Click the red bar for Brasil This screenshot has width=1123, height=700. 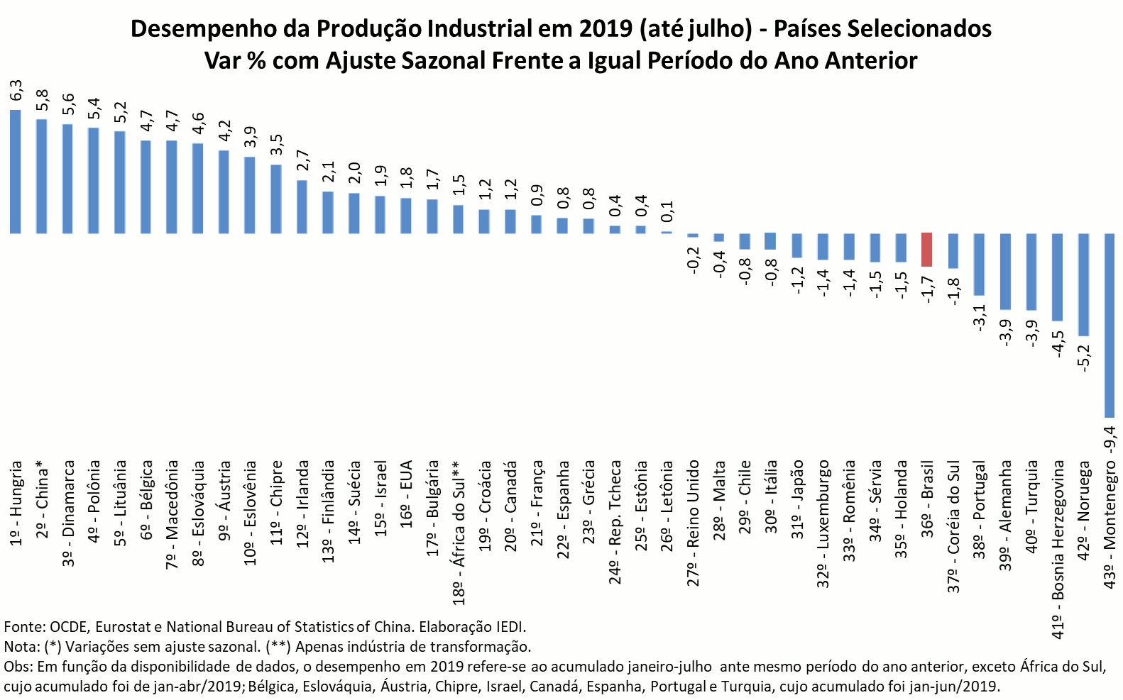926,250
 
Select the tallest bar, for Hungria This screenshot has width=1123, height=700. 16,172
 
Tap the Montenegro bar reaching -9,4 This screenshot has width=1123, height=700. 1109,325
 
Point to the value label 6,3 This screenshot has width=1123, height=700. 16,91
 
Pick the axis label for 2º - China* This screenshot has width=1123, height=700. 43,499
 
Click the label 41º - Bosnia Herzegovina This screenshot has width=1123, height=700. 1058,550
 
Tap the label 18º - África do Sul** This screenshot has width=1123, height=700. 459,532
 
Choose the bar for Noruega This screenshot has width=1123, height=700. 1083,284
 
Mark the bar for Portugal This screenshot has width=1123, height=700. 979,264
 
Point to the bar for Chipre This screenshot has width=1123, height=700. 276,199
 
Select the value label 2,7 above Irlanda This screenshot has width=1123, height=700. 302,161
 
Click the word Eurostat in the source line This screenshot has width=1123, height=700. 121,627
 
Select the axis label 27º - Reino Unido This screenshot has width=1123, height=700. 694,523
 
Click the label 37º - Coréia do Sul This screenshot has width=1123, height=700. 953,526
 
